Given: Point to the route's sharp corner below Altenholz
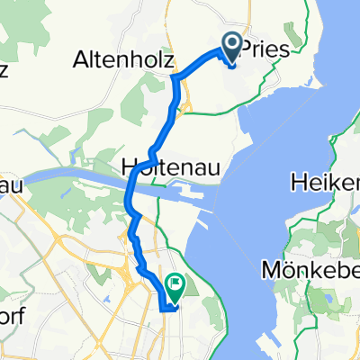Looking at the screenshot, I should (173, 78).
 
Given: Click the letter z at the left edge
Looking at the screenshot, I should (4, 69).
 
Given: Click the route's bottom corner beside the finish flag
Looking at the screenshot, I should (161, 308).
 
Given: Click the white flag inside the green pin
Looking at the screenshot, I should (171, 284).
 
